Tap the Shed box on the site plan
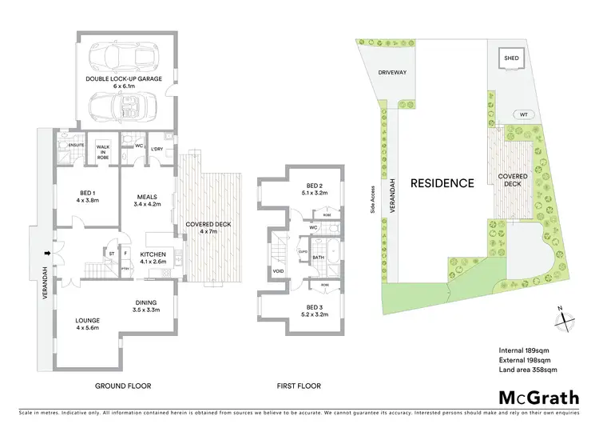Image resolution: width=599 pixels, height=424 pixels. coord(510,58)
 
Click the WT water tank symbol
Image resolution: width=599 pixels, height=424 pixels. coord(523,114)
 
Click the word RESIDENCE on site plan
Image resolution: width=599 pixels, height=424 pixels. coord(442,182)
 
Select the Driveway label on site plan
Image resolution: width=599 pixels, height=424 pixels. coord(393,72)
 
